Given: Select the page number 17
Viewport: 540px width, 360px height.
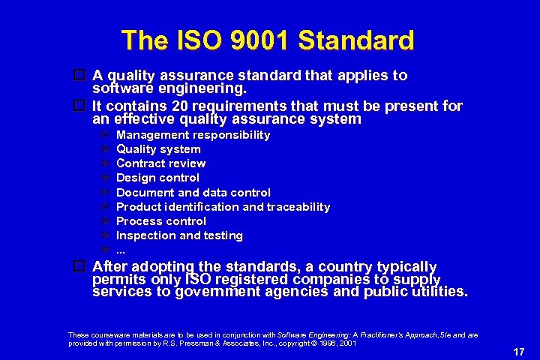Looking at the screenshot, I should point(517,350).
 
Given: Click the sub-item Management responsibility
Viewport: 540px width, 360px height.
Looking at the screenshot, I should point(193,135).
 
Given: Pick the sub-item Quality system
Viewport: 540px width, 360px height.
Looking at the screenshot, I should point(158,149).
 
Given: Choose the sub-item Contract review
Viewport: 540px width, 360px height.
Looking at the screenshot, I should point(160,163).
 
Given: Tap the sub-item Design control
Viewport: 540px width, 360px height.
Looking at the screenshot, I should point(157,178).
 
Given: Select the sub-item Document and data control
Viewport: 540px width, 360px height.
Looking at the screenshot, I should point(193,193).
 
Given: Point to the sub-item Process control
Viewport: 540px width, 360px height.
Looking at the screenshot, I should point(160,221).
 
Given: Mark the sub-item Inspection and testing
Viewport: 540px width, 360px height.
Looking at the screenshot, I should point(179,235).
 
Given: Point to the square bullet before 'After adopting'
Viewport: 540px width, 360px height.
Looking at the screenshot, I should point(79,266).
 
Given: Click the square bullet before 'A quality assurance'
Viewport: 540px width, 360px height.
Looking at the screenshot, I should point(79,75).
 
